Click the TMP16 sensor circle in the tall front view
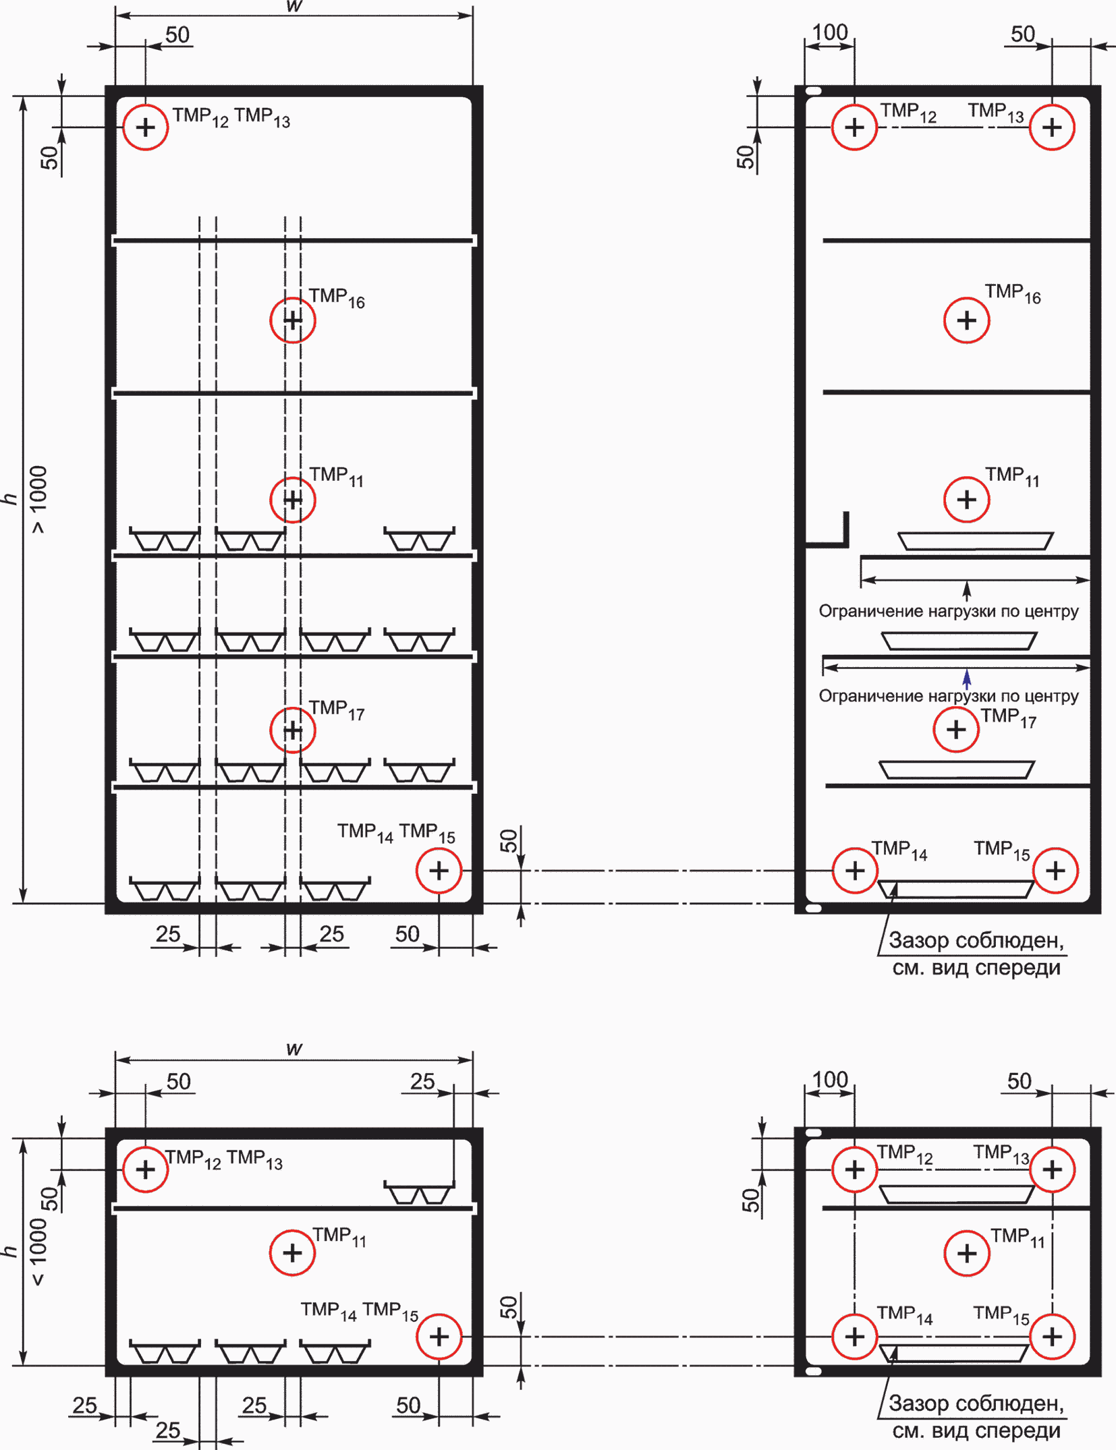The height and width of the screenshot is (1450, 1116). [293, 298]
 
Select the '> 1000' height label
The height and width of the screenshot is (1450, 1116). [38, 500]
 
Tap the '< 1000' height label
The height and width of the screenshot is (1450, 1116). [38, 1252]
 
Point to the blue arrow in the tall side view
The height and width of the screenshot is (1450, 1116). [967, 678]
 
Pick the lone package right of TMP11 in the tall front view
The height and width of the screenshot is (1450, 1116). [419, 539]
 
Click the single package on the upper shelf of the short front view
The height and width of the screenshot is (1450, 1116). [419, 1192]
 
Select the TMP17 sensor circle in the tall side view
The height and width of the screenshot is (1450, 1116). [956, 707]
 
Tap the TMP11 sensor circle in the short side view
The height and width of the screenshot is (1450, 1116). [967, 1231]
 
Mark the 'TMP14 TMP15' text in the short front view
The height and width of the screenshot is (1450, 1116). [360, 1311]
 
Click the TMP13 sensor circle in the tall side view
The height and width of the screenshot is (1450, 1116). [1052, 105]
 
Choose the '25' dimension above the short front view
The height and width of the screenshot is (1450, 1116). [422, 1080]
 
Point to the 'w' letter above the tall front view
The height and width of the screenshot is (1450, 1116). [294, 6]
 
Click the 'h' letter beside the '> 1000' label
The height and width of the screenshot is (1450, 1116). [9, 499]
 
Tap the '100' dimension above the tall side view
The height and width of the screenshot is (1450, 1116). [830, 32]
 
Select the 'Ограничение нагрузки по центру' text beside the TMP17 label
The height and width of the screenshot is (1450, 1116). [949, 696]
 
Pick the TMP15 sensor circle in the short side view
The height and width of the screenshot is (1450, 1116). [1052, 1314]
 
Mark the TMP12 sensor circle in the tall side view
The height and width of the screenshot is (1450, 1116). [855, 105]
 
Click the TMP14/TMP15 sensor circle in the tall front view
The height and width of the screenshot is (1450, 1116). [439, 848]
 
